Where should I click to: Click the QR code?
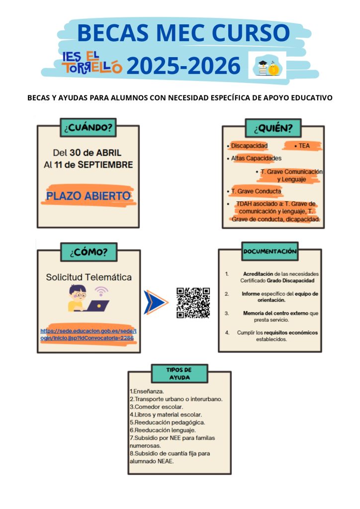point(193,302)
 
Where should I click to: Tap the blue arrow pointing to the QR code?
point(155,303)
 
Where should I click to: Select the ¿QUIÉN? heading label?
point(273,128)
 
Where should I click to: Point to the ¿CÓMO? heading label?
point(89,252)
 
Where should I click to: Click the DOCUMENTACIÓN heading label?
point(270,252)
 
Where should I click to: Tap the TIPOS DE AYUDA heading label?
point(179,373)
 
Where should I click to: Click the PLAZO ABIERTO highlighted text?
point(89,196)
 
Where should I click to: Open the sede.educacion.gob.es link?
point(88,334)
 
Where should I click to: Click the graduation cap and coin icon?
point(267,65)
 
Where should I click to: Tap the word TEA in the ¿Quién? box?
point(304,146)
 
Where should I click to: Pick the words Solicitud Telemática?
point(89,277)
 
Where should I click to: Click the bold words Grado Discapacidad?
point(293,280)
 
